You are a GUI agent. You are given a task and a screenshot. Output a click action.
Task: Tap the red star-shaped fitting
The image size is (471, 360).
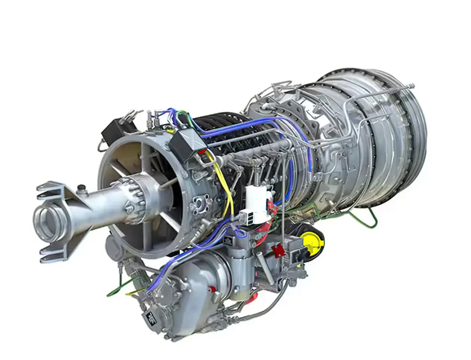click(278, 251)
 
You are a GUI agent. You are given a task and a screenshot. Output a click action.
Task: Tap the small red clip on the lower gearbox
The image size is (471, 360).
click(213, 288)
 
